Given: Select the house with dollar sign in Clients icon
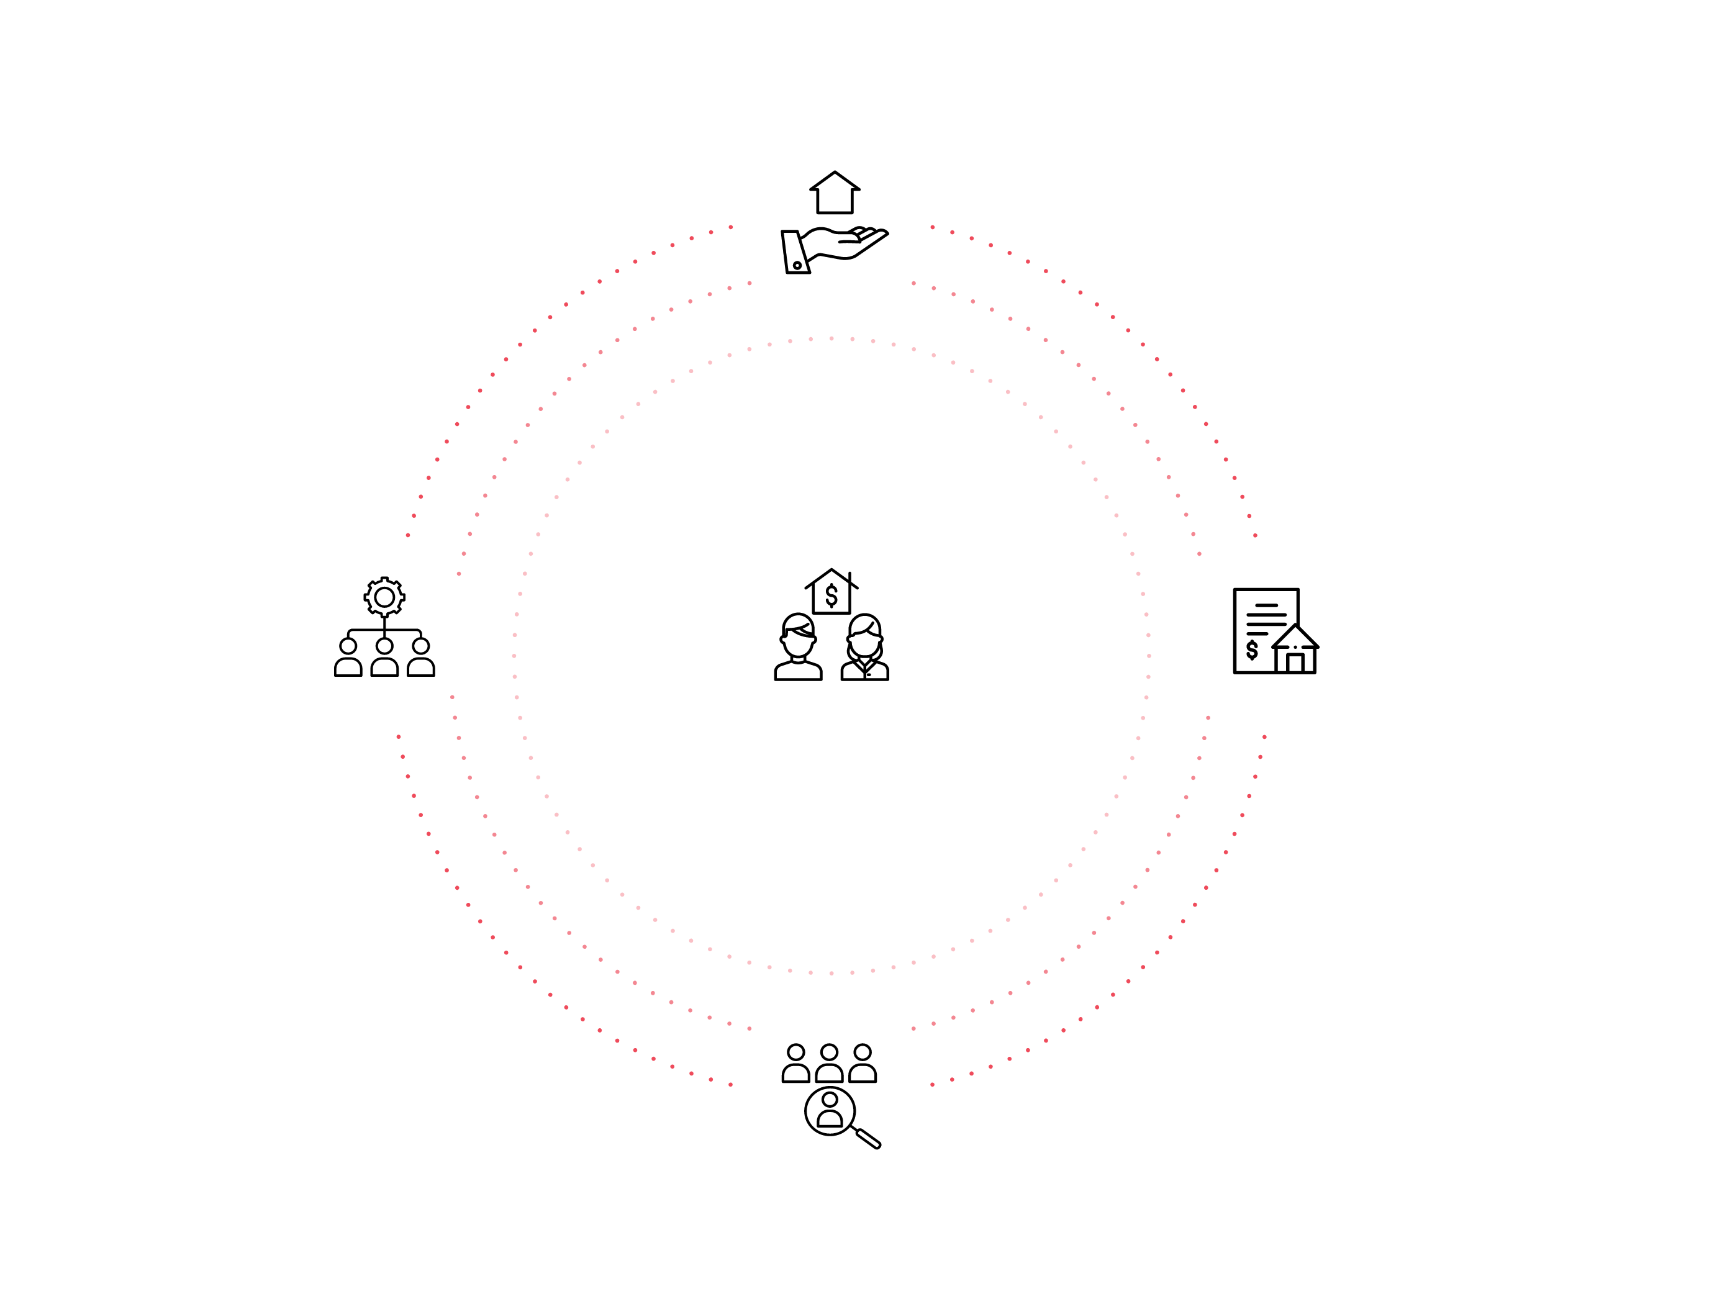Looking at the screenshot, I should [831, 592].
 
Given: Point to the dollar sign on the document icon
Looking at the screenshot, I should [1252, 649].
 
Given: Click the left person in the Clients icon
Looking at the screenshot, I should [798, 648].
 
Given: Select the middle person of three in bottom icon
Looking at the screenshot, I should [829, 1064].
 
